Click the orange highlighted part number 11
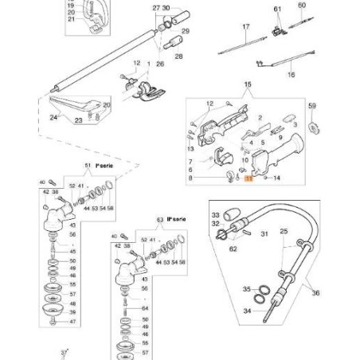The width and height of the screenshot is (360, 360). coord(248,181)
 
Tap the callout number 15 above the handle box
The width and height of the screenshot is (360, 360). coord(247,84)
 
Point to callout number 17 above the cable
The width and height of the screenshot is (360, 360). coord(246,27)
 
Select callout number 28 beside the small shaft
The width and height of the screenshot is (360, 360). coord(178,57)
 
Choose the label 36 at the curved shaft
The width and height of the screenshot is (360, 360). coord(316,293)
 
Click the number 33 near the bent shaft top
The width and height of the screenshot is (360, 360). coord(215,215)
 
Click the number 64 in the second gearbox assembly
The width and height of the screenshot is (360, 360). coord(144,307)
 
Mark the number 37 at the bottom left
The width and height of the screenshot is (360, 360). coord(65,351)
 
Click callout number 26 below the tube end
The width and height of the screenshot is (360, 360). coord(160,65)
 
